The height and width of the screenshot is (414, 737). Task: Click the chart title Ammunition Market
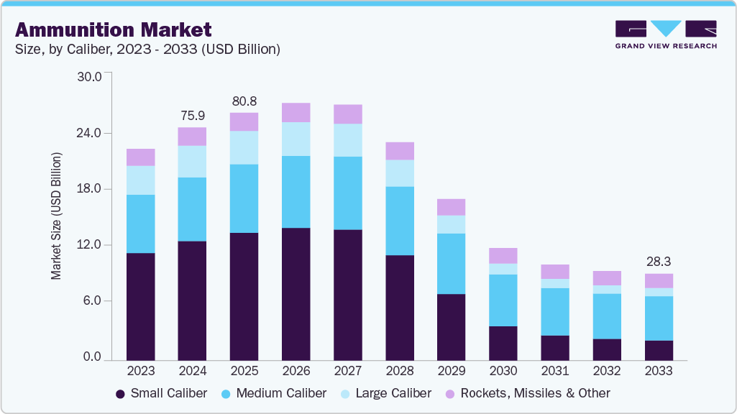point(113,29)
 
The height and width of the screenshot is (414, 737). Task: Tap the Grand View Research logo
point(666,34)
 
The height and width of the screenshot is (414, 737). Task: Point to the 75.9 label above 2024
point(192,115)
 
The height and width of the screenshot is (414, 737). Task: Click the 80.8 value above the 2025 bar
point(244,101)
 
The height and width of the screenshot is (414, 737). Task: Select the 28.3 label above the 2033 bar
point(658,262)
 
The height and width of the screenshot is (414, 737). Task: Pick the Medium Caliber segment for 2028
point(399,221)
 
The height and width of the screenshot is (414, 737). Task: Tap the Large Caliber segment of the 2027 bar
point(347,140)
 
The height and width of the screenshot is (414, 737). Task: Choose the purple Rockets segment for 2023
point(140,157)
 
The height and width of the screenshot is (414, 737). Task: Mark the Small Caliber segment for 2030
point(503,343)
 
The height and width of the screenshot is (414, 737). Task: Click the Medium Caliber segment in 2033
point(658,318)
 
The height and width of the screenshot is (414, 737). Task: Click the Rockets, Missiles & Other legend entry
point(528,393)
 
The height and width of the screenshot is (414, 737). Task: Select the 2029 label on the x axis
point(451,371)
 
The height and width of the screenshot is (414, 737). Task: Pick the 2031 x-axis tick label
point(554,371)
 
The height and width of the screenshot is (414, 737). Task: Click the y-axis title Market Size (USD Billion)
point(55,216)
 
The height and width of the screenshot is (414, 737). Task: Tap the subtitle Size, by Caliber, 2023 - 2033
point(147,50)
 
